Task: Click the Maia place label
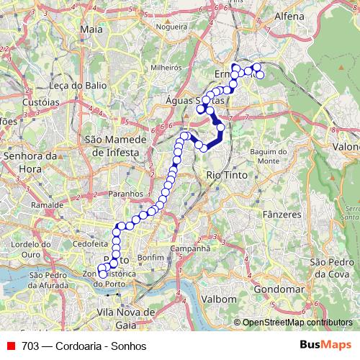click(x=93, y=30)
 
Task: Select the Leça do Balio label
click(x=66, y=85)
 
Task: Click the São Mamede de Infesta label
click(x=113, y=145)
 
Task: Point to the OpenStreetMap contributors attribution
click(x=297, y=323)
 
